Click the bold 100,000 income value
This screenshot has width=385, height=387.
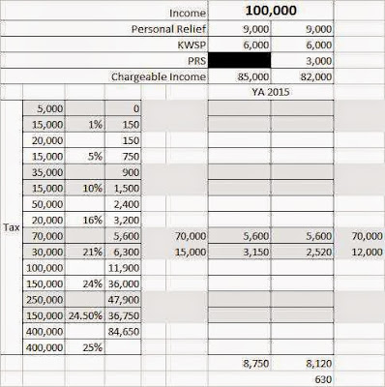click(x=272, y=11)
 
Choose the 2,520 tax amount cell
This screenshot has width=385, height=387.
click(x=313, y=251)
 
